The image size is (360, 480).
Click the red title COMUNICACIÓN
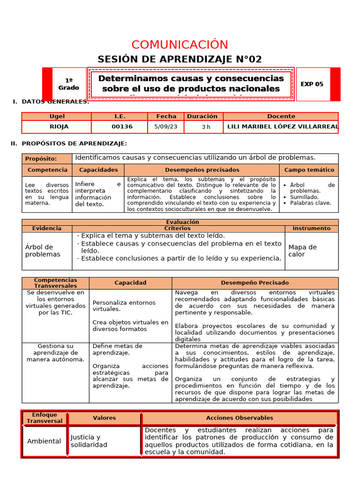[x=180, y=45]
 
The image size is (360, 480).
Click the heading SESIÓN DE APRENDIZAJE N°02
[x=180, y=59]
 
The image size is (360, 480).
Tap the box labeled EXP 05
[x=312, y=84]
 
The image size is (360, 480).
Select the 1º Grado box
[x=69, y=84]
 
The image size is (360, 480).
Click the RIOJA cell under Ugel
[x=59, y=127]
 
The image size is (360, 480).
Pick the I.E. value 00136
[x=122, y=127]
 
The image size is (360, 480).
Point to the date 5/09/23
[x=165, y=127]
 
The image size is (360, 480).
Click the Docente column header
[x=281, y=116]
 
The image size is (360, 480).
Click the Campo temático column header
[x=309, y=170]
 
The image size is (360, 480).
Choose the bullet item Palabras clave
[x=310, y=203]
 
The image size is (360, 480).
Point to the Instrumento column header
[x=311, y=228]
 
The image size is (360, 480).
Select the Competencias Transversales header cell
[x=55, y=283]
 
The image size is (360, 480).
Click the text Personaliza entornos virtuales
[x=124, y=306]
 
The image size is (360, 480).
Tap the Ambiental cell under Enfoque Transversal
[x=44, y=441]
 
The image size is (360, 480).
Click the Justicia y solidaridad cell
[x=89, y=441]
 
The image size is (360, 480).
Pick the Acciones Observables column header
[x=239, y=418]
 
